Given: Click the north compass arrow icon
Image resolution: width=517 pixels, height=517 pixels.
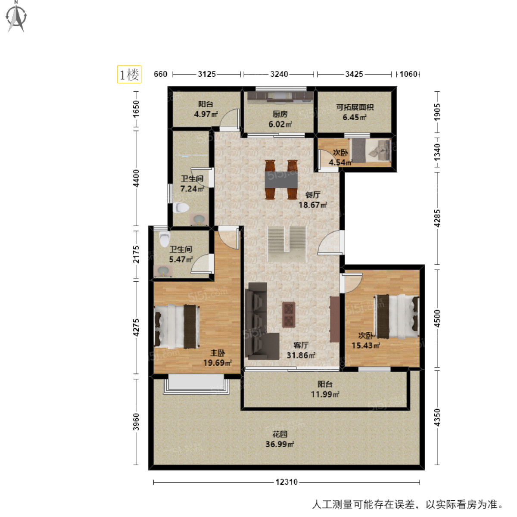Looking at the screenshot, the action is coord(17,17).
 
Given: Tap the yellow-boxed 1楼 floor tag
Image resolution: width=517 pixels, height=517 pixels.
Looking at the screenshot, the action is coord(129,74).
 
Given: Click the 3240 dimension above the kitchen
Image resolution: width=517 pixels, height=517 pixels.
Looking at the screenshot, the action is coord(279,74).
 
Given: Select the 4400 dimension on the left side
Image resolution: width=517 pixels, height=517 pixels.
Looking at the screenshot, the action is coord(136,178).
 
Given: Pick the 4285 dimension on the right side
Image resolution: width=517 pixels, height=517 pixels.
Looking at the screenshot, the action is coord(437,218).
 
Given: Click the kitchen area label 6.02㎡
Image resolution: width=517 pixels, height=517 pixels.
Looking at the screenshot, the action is coord(280,124).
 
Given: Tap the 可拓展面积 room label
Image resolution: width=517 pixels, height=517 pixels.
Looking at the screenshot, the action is coord(355,107).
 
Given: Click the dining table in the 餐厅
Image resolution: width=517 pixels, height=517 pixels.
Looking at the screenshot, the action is coord(281,180).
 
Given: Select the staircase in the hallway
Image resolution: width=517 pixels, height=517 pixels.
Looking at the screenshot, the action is coord(287,244).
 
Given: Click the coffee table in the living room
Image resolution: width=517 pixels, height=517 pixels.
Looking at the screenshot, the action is coord(289,315).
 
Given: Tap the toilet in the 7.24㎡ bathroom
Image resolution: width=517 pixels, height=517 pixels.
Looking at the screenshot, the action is coord(181,207).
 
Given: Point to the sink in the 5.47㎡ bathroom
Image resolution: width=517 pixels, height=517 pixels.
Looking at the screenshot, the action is coord(163,271).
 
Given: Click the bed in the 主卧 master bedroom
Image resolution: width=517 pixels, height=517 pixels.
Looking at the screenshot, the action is coord(177,326).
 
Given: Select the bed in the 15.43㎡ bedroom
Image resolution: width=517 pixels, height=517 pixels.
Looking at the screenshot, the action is coord(397,316).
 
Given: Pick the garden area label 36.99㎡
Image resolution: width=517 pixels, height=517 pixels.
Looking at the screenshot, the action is coord(280,445).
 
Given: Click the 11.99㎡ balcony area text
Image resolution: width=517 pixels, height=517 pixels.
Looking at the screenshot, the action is coord(325,394).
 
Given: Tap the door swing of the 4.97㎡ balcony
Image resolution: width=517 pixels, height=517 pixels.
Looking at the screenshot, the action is coord(230,118).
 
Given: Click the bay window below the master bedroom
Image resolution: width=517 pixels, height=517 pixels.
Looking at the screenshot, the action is coord(196,384).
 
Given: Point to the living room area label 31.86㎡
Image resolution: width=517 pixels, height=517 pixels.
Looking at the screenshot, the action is coord(301,355).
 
